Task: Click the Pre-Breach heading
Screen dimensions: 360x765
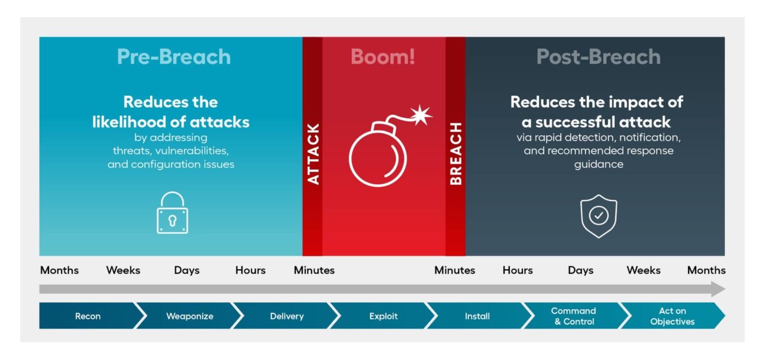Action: [174, 57]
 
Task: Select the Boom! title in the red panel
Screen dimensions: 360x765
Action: [382, 57]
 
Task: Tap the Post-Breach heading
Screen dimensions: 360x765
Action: [598, 57]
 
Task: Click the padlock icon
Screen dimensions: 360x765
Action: [172, 213]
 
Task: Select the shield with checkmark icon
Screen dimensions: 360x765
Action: [598, 216]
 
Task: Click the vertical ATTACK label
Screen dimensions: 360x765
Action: [313, 154]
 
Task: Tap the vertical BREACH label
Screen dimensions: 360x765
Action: [455, 154]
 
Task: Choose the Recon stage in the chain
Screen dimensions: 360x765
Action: [88, 316]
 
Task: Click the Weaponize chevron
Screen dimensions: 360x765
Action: [189, 316]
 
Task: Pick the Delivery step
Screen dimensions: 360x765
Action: [287, 316]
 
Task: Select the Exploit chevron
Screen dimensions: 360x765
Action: [383, 316]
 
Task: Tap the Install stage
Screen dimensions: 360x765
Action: [477, 316]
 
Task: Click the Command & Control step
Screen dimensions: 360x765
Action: [573, 316]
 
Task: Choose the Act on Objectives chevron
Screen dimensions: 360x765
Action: [672, 316]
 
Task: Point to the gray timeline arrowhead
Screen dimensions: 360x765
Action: [718, 289]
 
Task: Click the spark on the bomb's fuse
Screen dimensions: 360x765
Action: [422, 114]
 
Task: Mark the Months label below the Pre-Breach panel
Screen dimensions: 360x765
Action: [59, 270]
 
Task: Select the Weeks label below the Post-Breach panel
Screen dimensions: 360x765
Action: [643, 270]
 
